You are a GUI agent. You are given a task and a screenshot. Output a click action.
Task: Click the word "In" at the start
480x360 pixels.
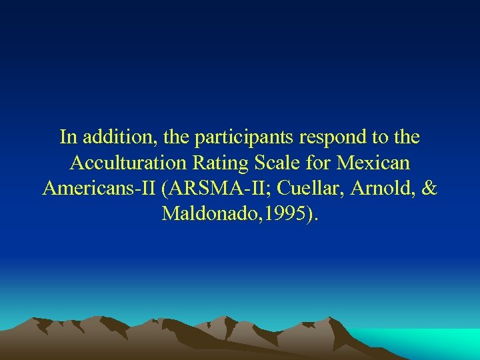coord(67,137)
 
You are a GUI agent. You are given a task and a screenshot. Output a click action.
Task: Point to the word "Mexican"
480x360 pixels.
coord(375,163)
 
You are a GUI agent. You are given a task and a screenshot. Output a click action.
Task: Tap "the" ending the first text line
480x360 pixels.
coord(406,137)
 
